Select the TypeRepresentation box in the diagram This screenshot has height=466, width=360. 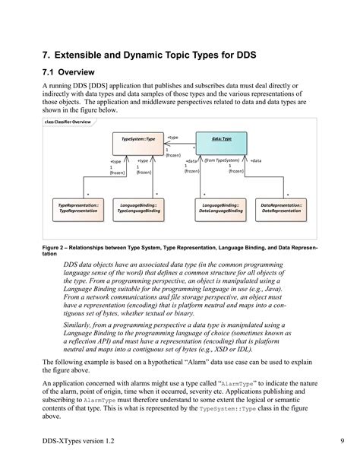pyautogui.click(x=77, y=208)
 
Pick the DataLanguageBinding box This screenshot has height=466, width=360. pyautogui.click(x=221, y=208)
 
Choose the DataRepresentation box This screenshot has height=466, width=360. pyautogui.click(x=282, y=208)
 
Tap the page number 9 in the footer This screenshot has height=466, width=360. pyautogui.click(x=321, y=442)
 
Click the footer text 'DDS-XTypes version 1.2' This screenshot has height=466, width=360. pyautogui.click(x=80, y=442)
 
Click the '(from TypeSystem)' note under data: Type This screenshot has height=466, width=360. pyautogui.click(x=222, y=161)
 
